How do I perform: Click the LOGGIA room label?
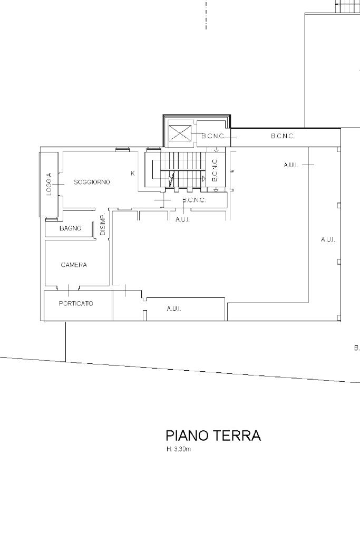pos(49,184)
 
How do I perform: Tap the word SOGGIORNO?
pos(92,182)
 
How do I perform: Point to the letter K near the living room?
pos(132,173)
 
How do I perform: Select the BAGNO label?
pos(70,228)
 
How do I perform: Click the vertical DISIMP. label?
pos(103,225)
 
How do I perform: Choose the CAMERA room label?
pos(74,265)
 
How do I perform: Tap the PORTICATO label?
pos(76,303)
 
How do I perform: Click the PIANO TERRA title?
pos(213,435)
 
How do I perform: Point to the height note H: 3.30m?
pos(178,449)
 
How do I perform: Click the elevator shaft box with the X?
pos(180,133)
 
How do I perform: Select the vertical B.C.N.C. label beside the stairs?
pos(215,170)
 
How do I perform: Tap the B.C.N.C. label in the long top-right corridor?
pos(283,136)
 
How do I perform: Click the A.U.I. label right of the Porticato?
pos(174,308)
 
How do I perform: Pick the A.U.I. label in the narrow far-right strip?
pos(328,239)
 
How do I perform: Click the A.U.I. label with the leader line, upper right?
pos(291,165)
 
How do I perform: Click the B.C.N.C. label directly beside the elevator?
pos(213,137)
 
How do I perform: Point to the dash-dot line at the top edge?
pos(206,14)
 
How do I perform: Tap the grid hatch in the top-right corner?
pos(347,6)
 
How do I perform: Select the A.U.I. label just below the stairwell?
pos(182,219)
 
